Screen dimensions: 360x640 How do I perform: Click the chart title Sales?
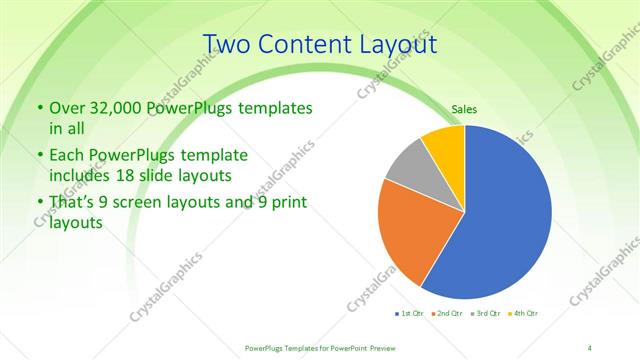point(464,108)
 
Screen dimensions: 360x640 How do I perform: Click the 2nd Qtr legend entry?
point(447,313)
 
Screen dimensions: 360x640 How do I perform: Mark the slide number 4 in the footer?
point(590,347)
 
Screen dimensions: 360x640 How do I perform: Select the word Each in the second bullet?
point(66,156)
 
